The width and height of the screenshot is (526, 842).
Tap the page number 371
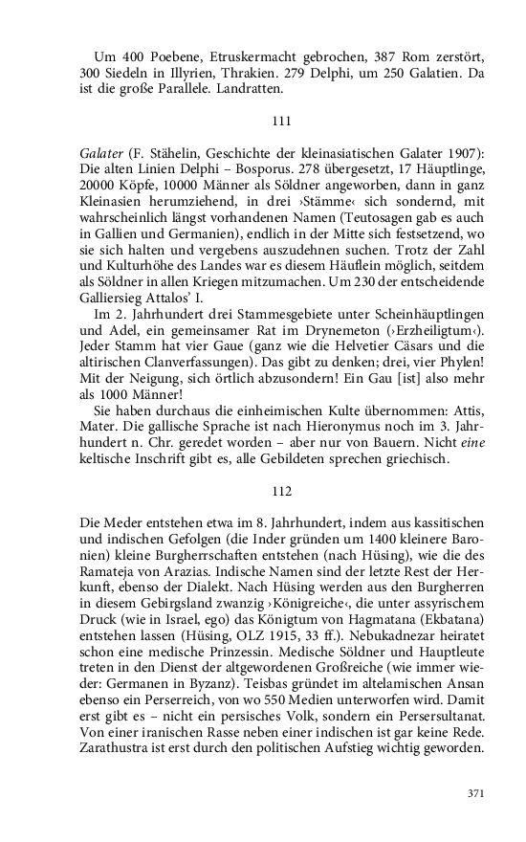pos(476,793)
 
